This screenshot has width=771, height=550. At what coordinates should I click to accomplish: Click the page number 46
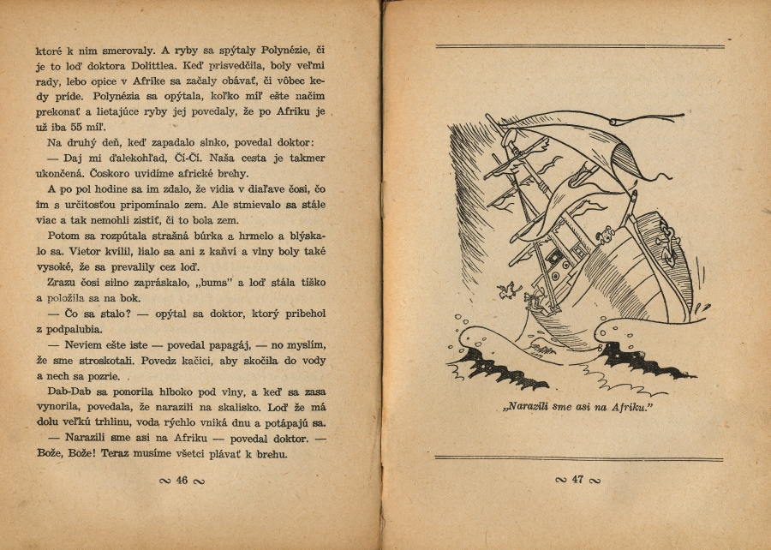(x=182, y=481)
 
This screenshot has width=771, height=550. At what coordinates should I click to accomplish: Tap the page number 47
(x=578, y=480)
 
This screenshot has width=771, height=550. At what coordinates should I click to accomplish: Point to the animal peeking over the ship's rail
(x=607, y=234)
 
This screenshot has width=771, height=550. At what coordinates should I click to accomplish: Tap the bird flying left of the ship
(x=511, y=289)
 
